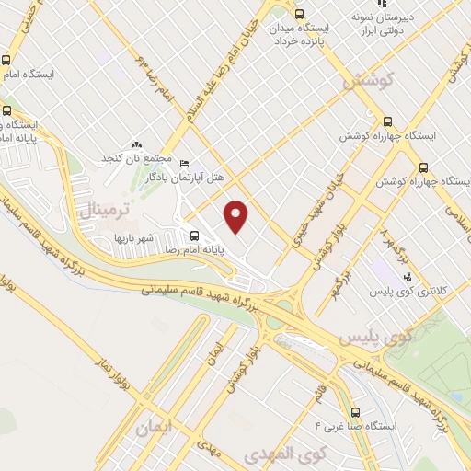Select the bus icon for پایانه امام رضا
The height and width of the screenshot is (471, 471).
pyautogui.click(x=193, y=234)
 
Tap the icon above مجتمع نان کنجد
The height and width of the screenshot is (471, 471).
pyautogui.click(x=137, y=144)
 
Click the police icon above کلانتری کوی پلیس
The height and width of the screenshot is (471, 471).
pyautogui.click(x=408, y=277)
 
